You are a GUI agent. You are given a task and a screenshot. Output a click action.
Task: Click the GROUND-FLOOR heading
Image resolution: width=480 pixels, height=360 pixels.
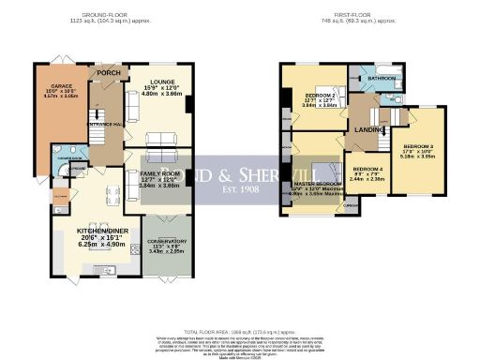click(104, 16)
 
